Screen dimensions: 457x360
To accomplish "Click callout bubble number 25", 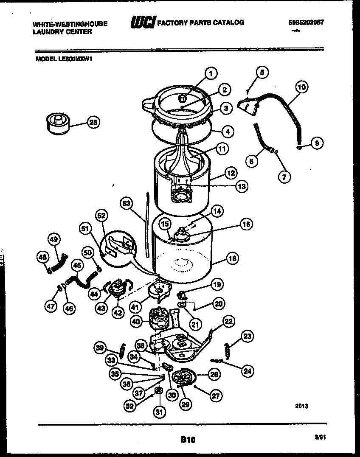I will pos(93,123).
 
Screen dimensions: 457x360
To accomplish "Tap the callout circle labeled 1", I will pos(211,73).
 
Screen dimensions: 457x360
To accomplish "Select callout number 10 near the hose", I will pos(301,88).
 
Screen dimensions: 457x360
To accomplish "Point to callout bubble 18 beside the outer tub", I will pos(233,258).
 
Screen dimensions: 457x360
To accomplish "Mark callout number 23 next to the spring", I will pos(247,336).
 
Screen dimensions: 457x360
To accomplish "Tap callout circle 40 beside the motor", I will pos(136,322).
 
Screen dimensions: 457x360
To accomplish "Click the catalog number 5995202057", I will pos(306,23).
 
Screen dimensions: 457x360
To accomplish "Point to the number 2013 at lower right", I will pos(301,406).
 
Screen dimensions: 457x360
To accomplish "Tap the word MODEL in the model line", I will pos(42,59).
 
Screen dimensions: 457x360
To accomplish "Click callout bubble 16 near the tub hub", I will pos(246,224).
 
